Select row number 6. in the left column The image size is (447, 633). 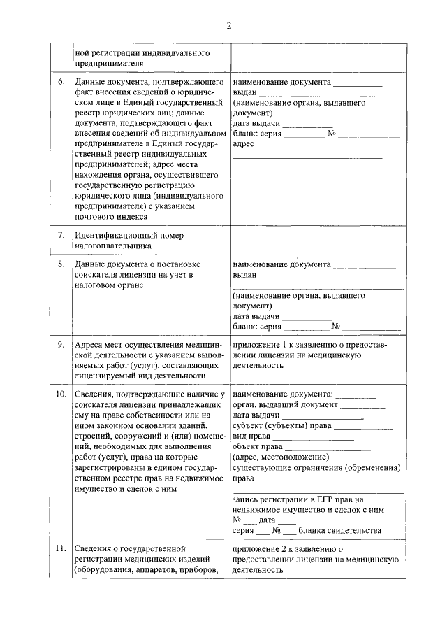point(61,82)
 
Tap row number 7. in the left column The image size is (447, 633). point(61,235)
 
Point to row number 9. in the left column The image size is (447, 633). point(61,345)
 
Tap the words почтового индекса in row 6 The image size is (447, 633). point(110,217)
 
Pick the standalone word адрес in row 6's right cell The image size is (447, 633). point(244,143)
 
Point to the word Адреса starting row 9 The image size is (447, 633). point(90,345)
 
